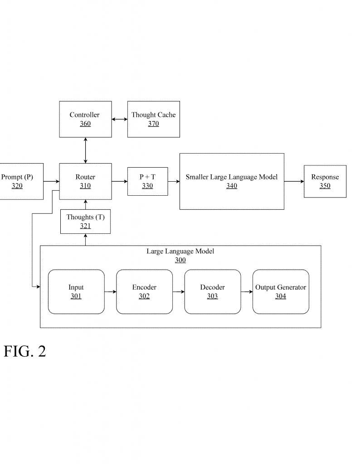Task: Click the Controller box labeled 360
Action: pyautogui.click(x=85, y=119)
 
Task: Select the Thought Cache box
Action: pyautogui.click(x=153, y=119)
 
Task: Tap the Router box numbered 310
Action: pyautogui.click(x=85, y=181)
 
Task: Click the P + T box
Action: pyautogui.click(x=147, y=181)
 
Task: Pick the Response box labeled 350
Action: pyautogui.click(x=325, y=181)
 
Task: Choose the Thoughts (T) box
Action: pyautogui.click(x=85, y=222)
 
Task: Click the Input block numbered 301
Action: pyautogui.click(x=76, y=292)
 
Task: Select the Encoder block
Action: pyautogui.click(x=144, y=292)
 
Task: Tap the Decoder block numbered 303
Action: pyautogui.click(x=212, y=292)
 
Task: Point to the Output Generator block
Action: pyautogui.click(x=281, y=292)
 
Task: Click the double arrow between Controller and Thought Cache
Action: pyautogui.click(x=120, y=119)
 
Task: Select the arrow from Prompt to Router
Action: pyautogui.click(x=52, y=181)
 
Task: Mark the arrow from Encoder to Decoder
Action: pyautogui.click(x=179, y=292)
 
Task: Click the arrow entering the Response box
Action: pyautogui.click(x=294, y=181)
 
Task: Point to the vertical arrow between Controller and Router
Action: pyautogui.click(x=85, y=150)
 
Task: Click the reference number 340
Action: pyautogui.click(x=232, y=186)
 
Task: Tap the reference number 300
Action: pyautogui.click(x=180, y=260)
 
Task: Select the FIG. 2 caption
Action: pyautogui.click(x=25, y=351)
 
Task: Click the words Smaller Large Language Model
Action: pyautogui.click(x=232, y=177)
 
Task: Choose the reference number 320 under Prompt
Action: pyautogui.click(x=17, y=186)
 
